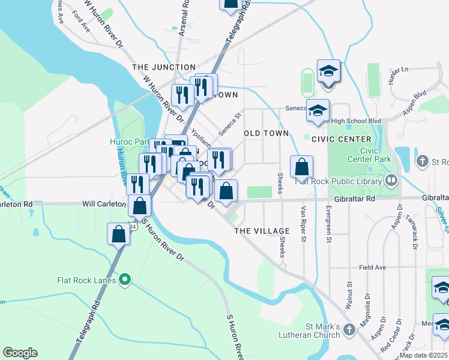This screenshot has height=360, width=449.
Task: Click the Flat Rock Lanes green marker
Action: [125, 279]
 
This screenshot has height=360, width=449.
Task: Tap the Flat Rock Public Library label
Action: [334, 181]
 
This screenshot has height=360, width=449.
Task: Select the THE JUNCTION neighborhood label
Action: [164, 67]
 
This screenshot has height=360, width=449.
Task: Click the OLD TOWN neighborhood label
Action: [266, 133]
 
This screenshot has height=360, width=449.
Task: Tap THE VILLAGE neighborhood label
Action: [262, 231]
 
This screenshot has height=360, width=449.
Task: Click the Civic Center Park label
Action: [369, 155]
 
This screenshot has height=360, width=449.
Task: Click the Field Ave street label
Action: [372, 268]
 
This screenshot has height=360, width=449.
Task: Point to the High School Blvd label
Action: [357, 121]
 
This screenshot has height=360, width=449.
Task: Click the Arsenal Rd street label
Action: [183, 24]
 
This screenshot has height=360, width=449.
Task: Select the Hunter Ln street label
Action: [397, 70]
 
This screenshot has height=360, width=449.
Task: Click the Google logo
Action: [20, 353]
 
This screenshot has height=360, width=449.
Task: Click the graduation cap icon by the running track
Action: [328, 71]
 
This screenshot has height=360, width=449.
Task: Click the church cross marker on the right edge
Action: [423, 161]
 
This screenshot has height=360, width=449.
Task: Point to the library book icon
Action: [391, 180]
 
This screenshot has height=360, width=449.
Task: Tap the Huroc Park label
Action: [129, 142]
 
